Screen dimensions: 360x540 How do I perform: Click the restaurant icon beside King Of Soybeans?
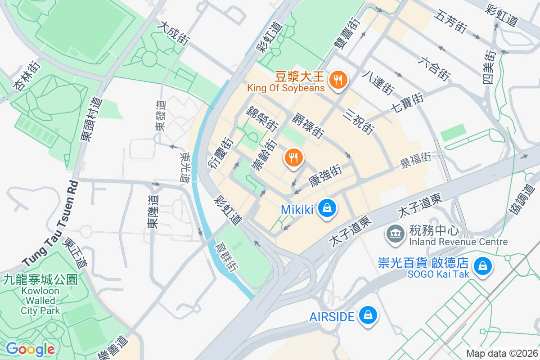coord(337,81)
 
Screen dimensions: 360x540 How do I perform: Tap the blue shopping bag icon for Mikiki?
coord(327,208)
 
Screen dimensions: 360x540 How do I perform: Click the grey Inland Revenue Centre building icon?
coord(396,233)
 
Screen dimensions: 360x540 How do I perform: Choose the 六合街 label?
coord(435,68)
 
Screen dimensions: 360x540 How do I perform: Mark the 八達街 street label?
coord(378,82)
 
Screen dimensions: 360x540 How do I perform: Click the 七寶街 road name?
coord(407,103)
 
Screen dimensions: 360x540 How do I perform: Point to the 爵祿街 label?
coord(308,126)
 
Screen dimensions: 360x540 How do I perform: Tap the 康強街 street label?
coord(325,176)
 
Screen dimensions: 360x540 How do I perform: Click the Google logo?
coord(30,349)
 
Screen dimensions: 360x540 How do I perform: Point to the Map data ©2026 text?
coord(501,353)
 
